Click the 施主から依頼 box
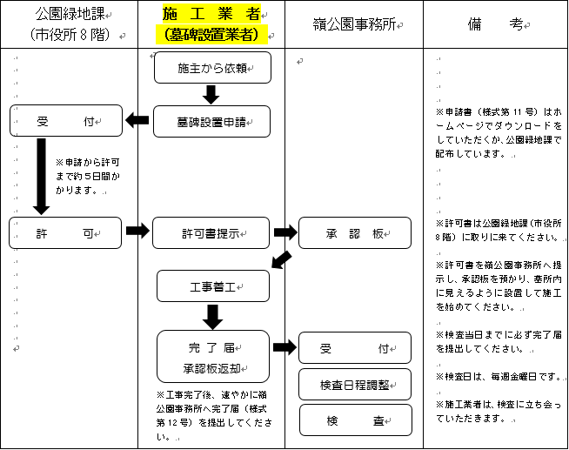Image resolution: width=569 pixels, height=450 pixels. pyautogui.click(x=212, y=67)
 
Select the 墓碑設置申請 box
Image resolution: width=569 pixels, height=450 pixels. pyautogui.click(x=212, y=121)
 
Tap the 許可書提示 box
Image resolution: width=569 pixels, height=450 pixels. pyautogui.click(x=212, y=232)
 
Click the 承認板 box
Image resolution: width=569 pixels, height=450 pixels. pyautogui.click(x=355, y=232)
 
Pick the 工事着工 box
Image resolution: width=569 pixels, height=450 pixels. pyautogui.click(x=212, y=285)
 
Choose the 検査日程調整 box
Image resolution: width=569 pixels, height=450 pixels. pyautogui.click(x=355, y=383)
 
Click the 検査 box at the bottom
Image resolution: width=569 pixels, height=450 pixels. pyautogui.click(x=355, y=420)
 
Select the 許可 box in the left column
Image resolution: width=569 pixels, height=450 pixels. pyautogui.click(x=65, y=232)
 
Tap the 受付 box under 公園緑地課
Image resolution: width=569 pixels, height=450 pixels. pyautogui.click(x=65, y=121)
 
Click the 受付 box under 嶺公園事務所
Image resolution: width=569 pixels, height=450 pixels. pyautogui.click(x=355, y=347)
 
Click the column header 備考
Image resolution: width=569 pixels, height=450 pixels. pyautogui.click(x=496, y=25)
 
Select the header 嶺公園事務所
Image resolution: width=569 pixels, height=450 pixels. pyautogui.click(x=354, y=25)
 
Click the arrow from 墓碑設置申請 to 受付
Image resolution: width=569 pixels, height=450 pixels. pyautogui.click(x=137, y=121)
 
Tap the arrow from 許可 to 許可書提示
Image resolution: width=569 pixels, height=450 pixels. pyautogui.click(x=137, y=232)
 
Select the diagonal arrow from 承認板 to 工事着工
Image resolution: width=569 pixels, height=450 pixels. pyautogui.click(x=281, y=259)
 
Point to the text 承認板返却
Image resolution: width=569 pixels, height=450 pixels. pyautogui.click(x=212, y=367)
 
